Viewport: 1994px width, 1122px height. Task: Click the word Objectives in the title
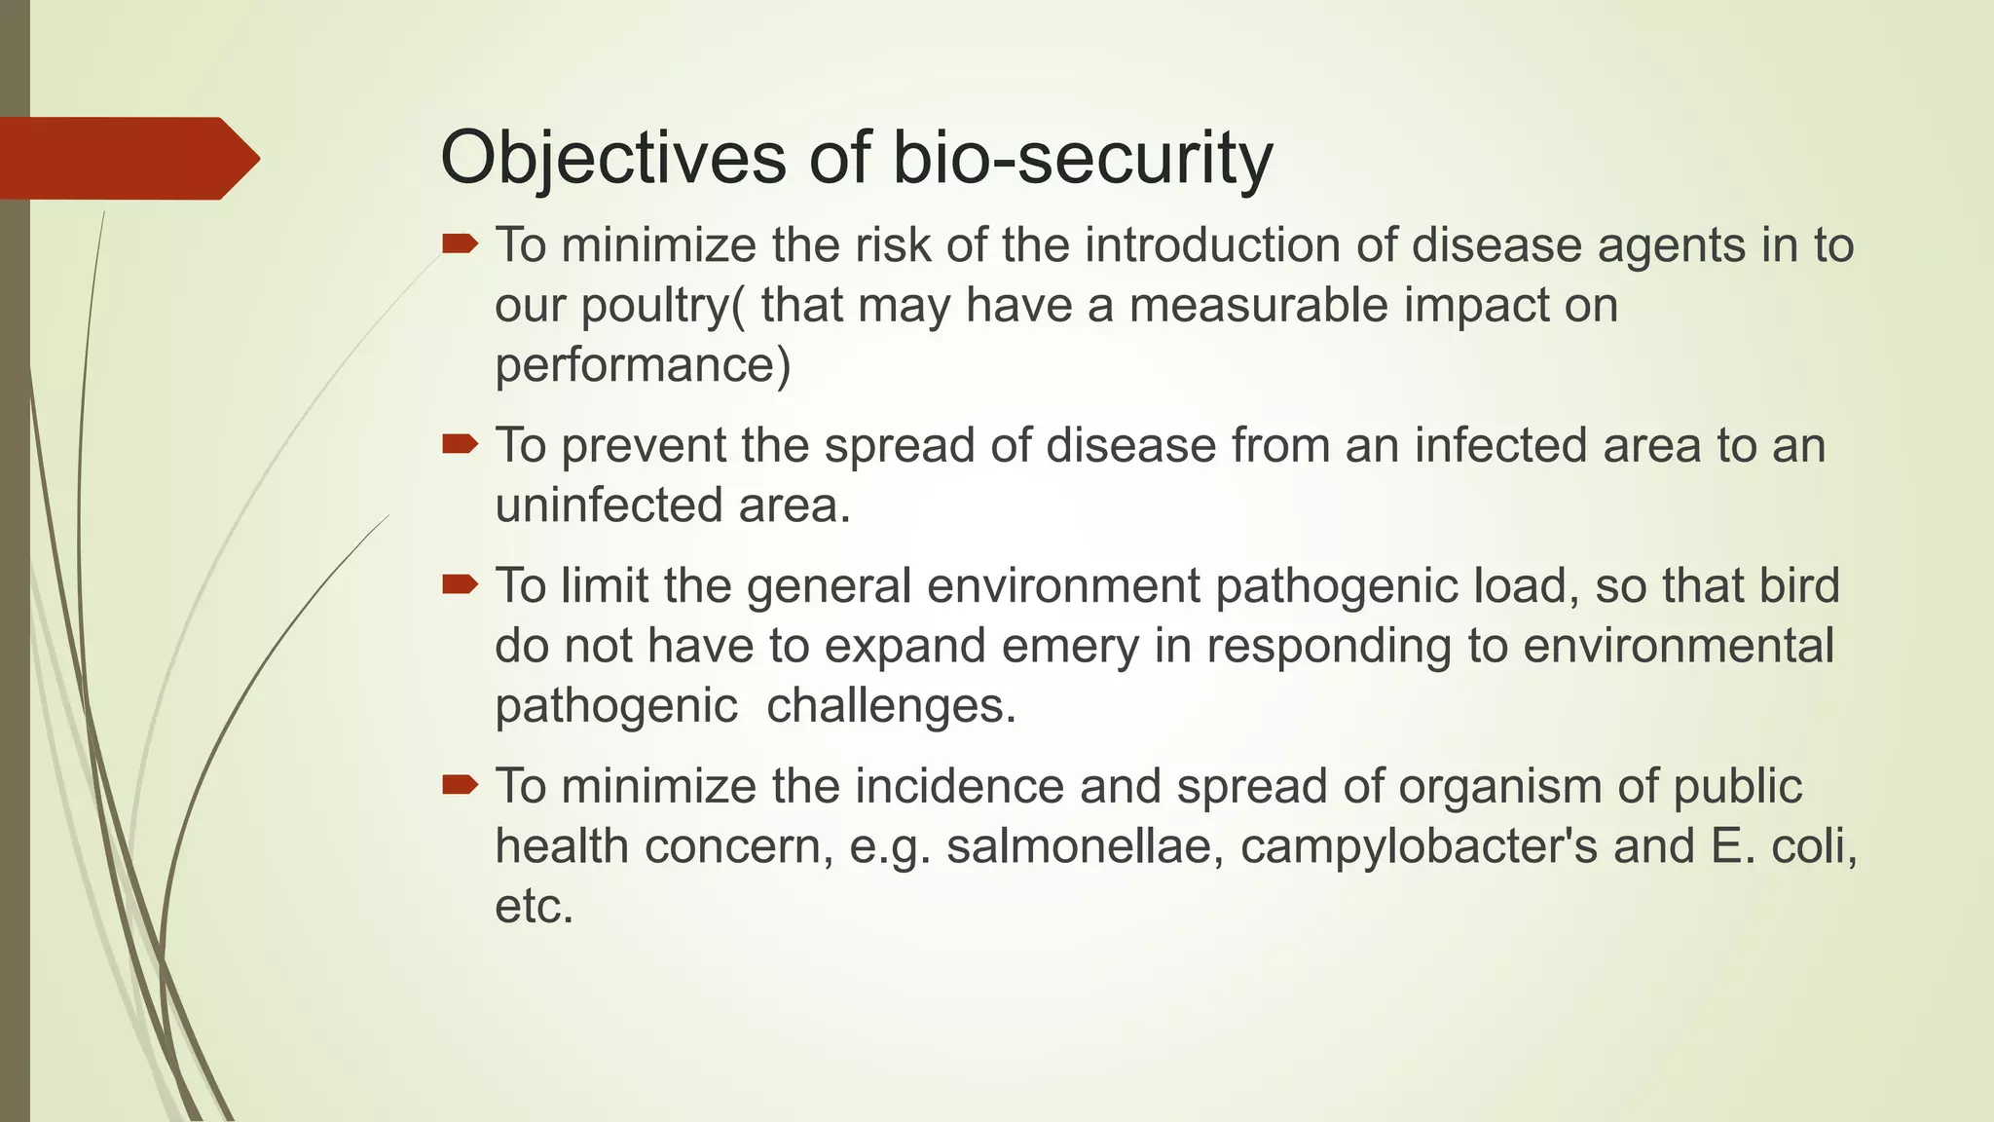click(x=613, y=158)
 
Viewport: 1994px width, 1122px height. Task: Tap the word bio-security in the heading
click(x=1082, y=158)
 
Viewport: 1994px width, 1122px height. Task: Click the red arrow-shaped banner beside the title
click(x=127, y=158)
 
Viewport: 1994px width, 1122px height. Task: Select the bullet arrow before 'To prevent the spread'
click(x=460, y=445)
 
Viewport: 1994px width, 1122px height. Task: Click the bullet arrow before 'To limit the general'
click(x=460, y=584)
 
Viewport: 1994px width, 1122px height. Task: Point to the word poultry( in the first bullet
click(x=664, y=306)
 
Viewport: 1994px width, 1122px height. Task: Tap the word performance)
click(x=643, y=366)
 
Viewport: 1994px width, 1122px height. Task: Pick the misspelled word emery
click(x=1070, y=646)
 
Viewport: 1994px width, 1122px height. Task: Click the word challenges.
click(x=891, y=706)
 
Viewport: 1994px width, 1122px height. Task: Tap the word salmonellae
click(x=1086, y=846)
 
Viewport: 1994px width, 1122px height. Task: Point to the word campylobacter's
click(x=1419, y=846)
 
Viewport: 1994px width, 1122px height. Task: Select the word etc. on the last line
click(x=534, y=907)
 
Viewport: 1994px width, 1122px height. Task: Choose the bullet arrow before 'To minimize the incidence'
click(x=460, y=785)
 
